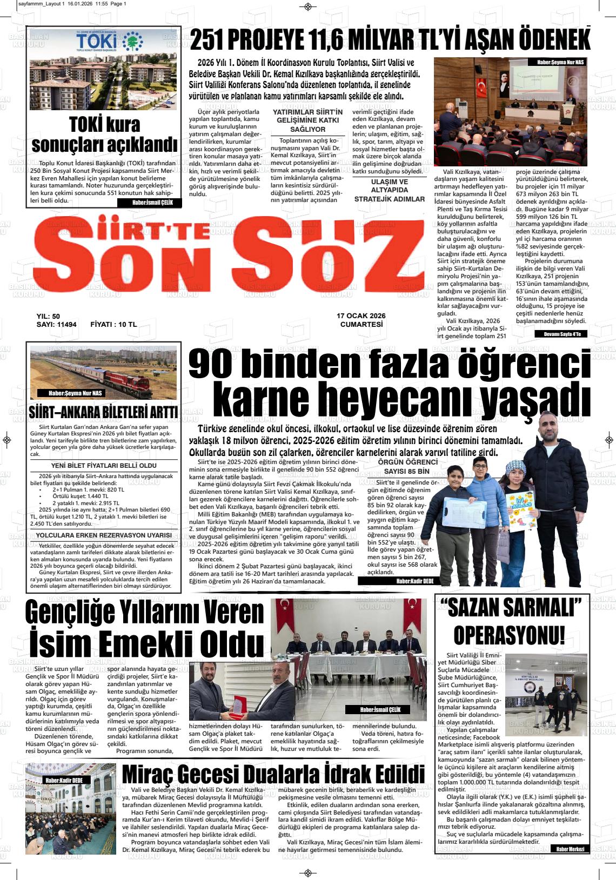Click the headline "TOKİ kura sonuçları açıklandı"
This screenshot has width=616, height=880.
point(104,135)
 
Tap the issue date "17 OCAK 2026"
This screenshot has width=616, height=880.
point(361,316)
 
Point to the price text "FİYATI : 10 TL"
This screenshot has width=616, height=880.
point(113,325)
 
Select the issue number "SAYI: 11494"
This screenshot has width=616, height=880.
point(57,325)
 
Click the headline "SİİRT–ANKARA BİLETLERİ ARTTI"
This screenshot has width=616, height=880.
point(103,413)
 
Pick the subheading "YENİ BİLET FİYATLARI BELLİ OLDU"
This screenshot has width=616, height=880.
point(104,465)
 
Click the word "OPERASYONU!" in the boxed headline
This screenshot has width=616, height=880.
point(509,635)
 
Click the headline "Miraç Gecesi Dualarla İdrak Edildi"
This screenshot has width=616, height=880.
point(273,772)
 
